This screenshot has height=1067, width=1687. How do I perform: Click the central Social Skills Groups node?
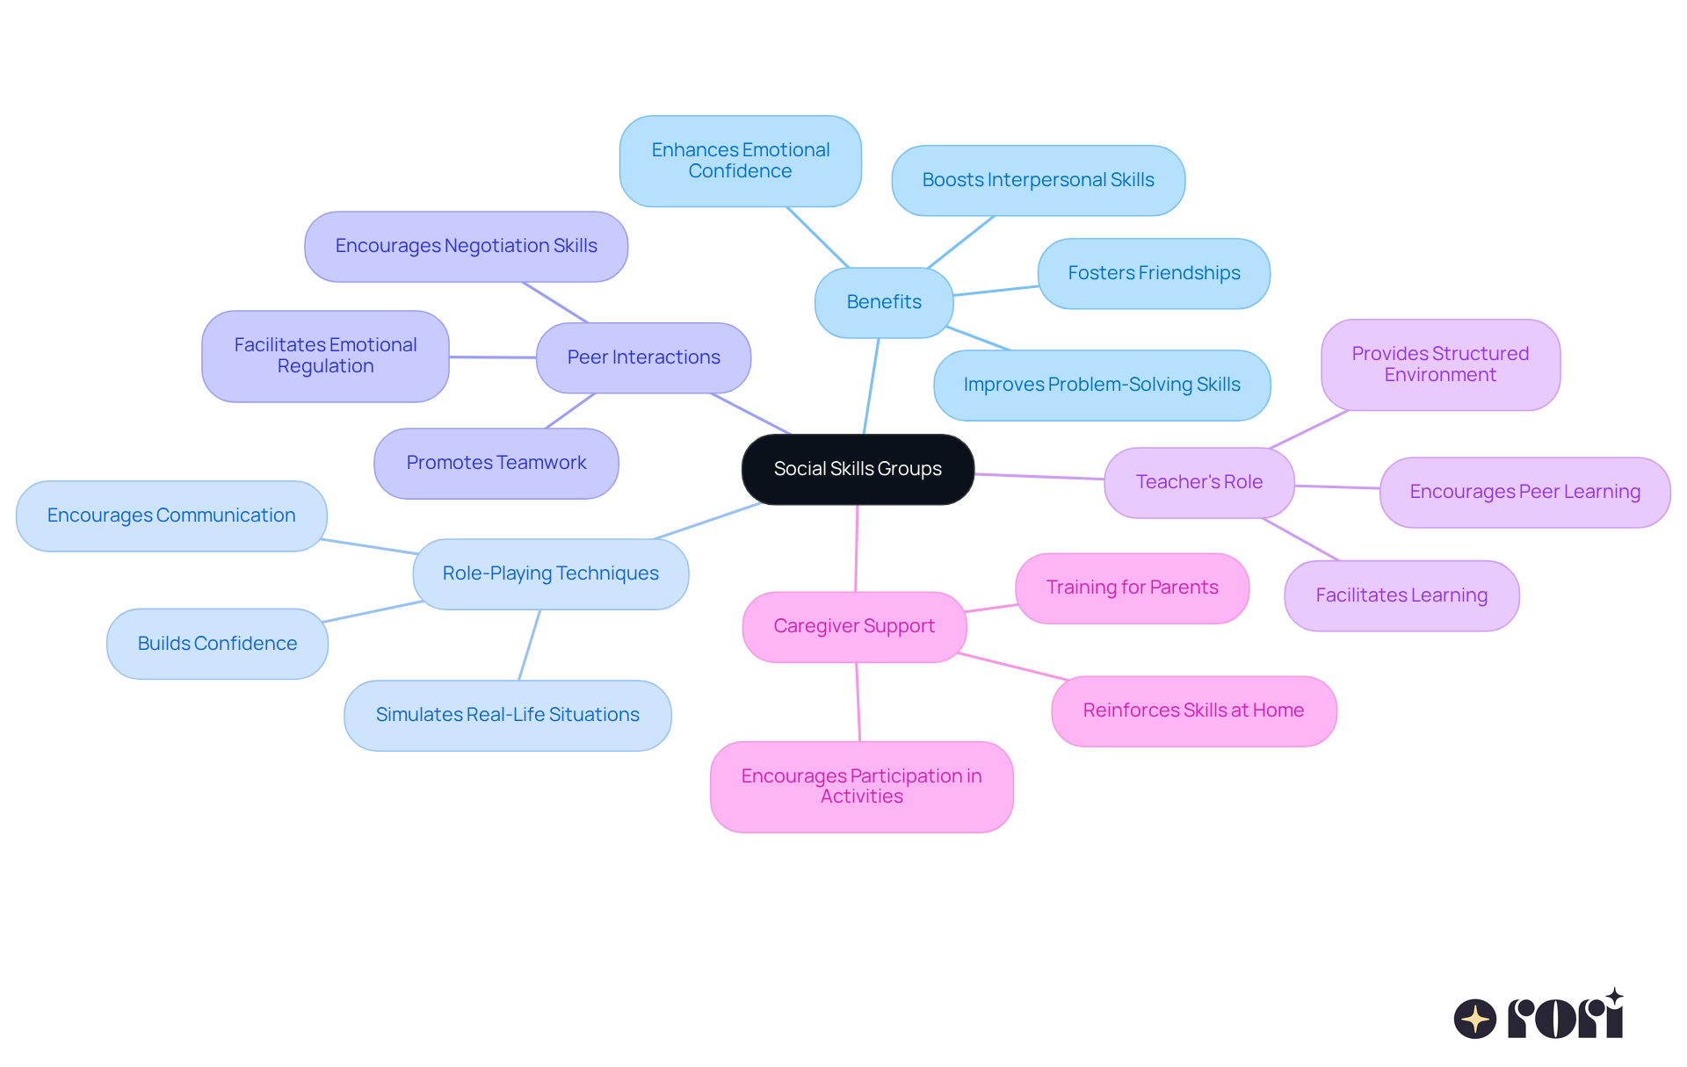coord(858,469)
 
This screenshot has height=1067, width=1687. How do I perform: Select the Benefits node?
coord(884,302)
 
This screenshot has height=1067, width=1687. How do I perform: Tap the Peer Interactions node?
coord(643,357)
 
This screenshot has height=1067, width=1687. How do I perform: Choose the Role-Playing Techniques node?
coord(550,573)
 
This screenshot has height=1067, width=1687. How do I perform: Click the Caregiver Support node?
coord(854,626)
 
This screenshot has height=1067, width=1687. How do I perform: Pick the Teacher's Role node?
coord(1198,482)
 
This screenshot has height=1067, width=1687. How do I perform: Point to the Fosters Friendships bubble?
coord(1154,273)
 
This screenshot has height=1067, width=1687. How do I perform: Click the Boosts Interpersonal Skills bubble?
coord(1038,180)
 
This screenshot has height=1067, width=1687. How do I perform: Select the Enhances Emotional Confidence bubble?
coord(740,161)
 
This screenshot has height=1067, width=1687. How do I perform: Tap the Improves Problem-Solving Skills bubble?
coord(1102,385)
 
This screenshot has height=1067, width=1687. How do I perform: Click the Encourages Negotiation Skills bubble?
coord(466,246)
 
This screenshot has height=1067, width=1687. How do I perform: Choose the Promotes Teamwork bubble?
coord(496,463)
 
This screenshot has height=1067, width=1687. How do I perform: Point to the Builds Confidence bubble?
coord(217,644)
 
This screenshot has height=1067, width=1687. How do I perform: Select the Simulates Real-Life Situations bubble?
coord(507,715)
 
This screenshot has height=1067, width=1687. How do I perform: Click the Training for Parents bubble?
coord(1132,588)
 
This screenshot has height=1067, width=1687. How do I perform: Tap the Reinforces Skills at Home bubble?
coord(1193,710)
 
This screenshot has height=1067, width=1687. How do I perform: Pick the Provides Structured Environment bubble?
coord(1440,364)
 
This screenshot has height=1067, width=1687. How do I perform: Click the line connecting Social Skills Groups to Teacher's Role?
coord(1039,477)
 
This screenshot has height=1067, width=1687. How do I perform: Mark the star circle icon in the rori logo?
coord(1475,1019)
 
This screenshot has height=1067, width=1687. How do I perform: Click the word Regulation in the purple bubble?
coord(325,366)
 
